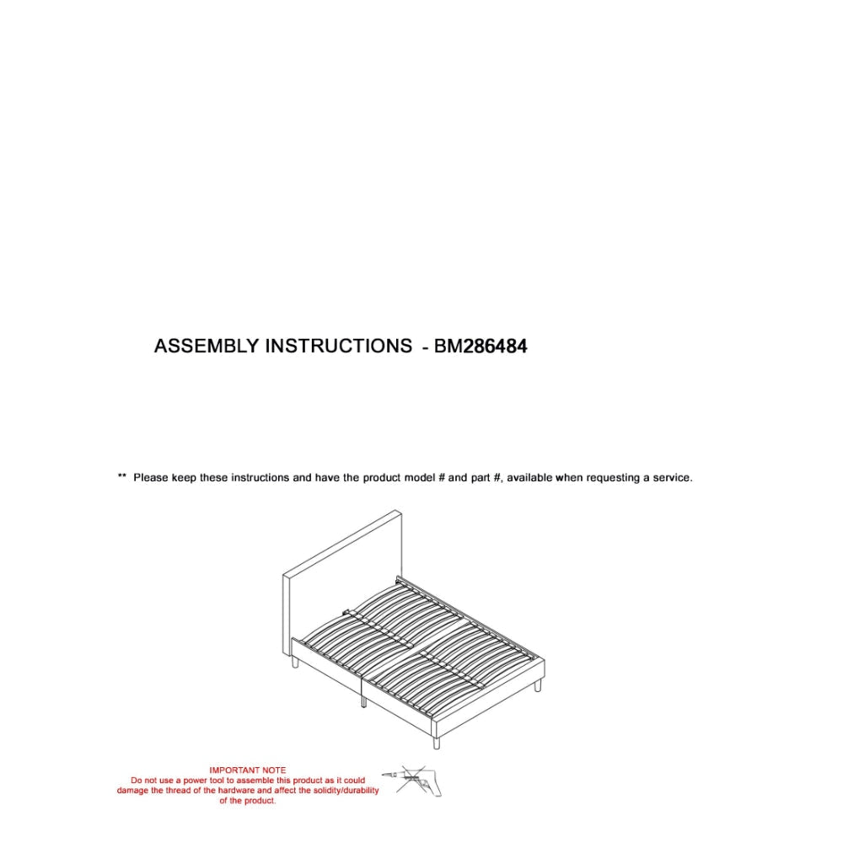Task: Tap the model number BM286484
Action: (x=481, y=346)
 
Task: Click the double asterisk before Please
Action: (x=121, y=478)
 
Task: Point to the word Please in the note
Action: (x=151, y=478)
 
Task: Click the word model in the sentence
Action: (x=419, y=478)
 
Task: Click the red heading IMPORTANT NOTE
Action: (x=247, y=771)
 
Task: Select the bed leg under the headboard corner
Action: (x=293, y=664)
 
